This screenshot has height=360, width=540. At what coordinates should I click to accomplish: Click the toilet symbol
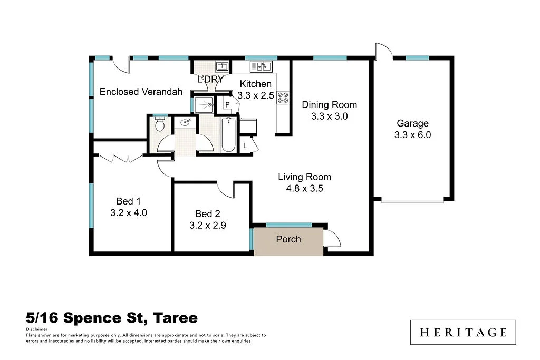160,125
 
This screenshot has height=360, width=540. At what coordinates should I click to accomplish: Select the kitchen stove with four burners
283,98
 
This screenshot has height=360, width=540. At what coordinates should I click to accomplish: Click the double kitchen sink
261,66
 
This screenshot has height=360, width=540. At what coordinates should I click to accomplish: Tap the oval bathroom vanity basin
185,123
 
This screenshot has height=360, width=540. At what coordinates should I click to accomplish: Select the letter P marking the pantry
227,104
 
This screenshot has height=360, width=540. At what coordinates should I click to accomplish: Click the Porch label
288,239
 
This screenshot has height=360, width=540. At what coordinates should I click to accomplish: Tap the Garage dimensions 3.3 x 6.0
412,135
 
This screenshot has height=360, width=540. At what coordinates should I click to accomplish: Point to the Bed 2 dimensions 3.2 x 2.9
207,225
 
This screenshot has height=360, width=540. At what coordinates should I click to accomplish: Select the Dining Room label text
329,105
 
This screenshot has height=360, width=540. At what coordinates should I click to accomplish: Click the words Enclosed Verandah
141,92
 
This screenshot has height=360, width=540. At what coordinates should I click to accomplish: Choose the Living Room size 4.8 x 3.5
304,188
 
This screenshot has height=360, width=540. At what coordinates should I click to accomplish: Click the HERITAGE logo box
463,333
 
